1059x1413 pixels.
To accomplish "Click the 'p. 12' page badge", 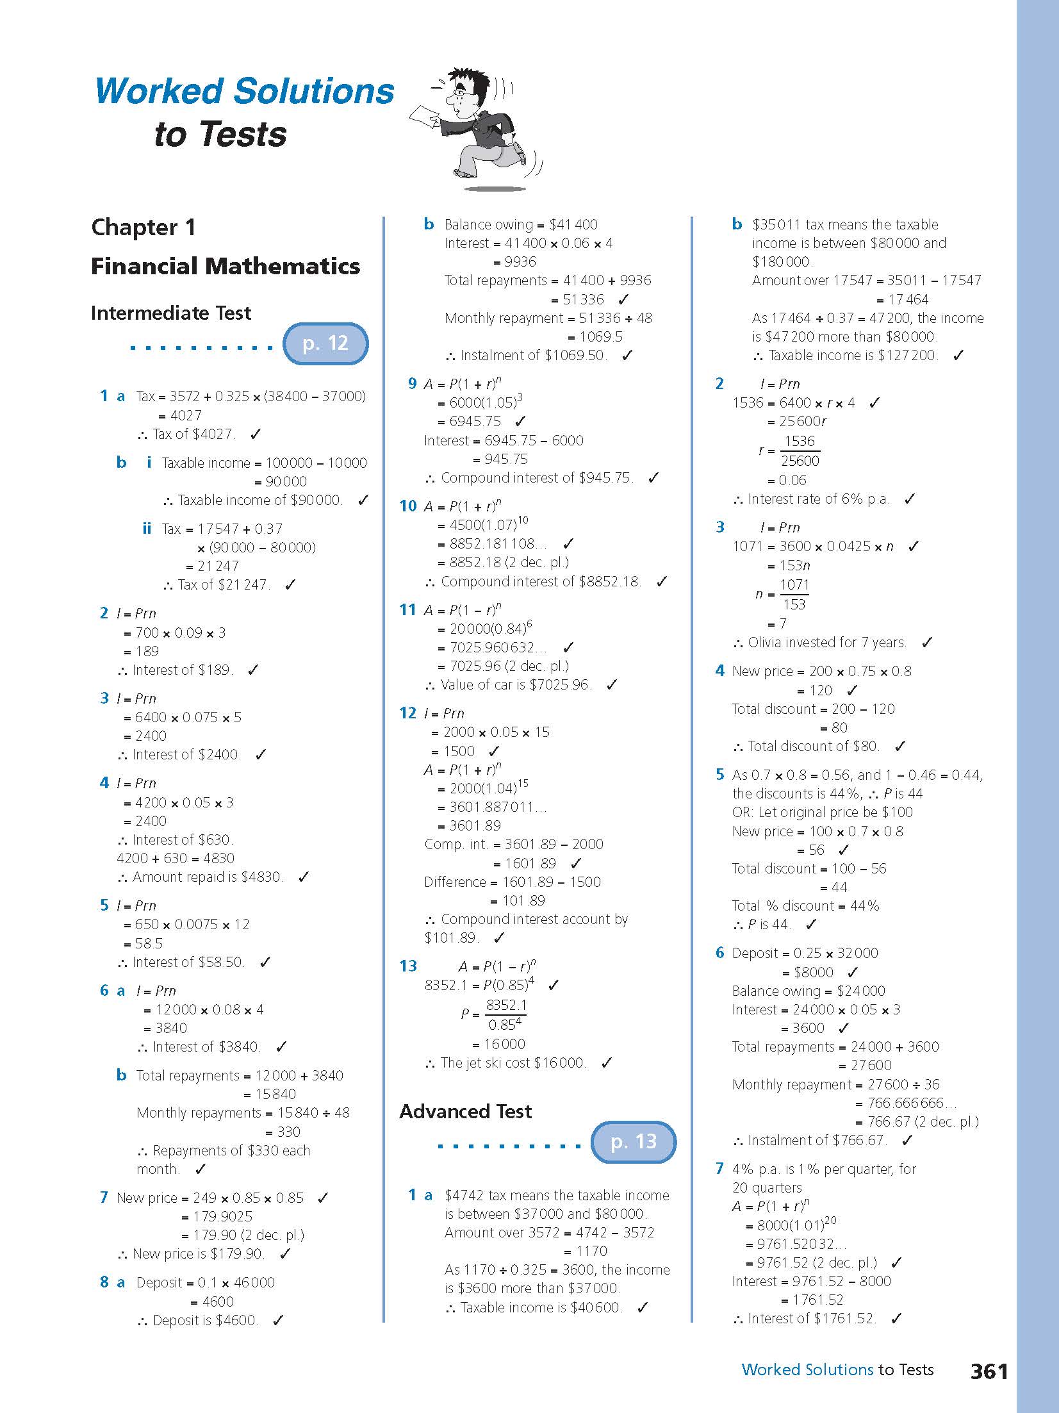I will tap(325, 343).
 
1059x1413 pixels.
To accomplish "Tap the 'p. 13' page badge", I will tap(633, 1141).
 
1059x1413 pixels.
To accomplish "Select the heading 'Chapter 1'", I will tap(144, 227).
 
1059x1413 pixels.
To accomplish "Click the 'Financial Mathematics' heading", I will tap(226, 266).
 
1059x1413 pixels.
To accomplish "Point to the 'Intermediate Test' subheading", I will tap(171, 313).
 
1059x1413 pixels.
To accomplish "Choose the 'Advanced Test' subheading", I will tap(465, 1111).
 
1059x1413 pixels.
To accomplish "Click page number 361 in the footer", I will tap(989, 1371).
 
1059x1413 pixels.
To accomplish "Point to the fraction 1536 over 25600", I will tap(800, 451).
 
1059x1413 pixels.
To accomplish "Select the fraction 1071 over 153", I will tap(794, 595).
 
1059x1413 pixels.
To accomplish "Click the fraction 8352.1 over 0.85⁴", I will tap(505, 1014).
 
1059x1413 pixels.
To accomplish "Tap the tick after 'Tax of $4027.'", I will tap(256, 434).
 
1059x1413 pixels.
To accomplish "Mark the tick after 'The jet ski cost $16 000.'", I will tap(607, 1063).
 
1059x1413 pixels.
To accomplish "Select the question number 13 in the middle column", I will tap(407, 966).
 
